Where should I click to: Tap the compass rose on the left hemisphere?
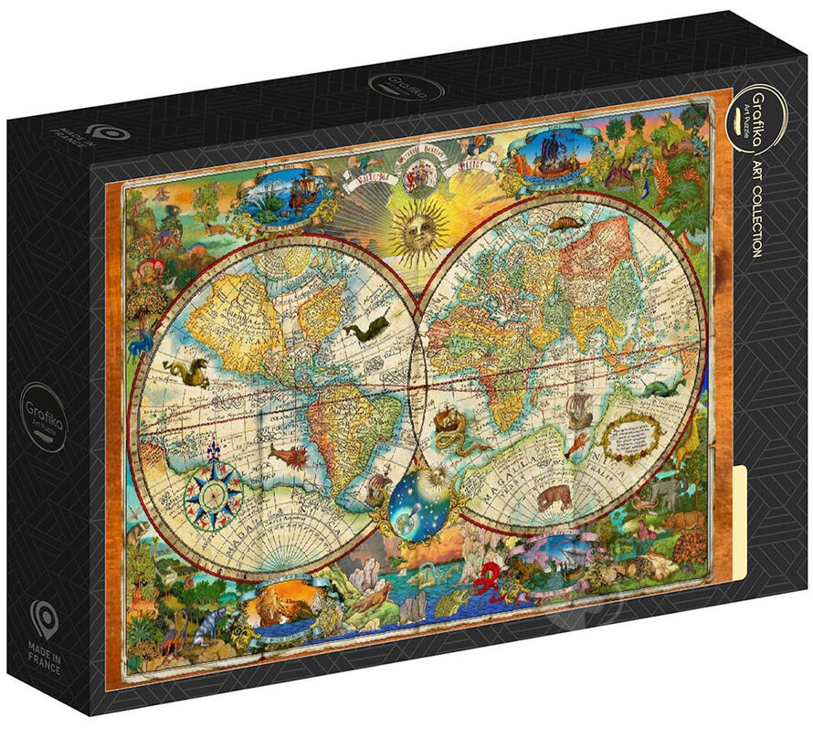point(214,490)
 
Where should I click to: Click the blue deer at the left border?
point(143,344)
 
